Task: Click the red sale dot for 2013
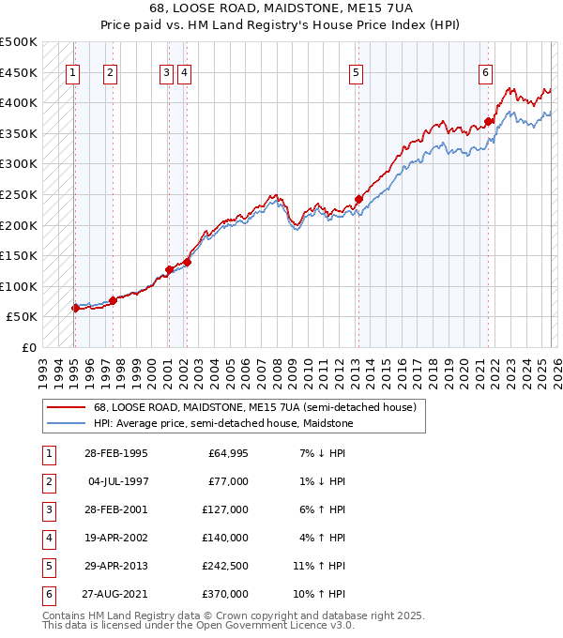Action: tap(358, 199)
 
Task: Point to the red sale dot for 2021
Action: tap(489, 121)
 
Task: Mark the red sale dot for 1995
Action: tap(75, 308)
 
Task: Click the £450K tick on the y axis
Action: tap(19, 72)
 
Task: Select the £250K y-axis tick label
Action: tap(19, 194)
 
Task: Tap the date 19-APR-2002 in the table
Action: tap(115, 538)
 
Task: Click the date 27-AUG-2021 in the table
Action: tap(115, 595)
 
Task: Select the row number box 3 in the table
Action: tap(47, 509)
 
